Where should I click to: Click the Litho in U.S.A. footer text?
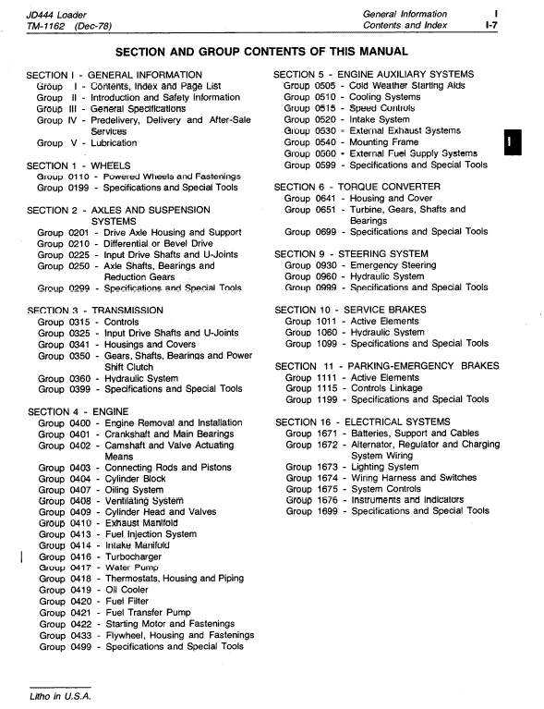(58, 695)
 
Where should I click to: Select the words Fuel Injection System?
(151, 534)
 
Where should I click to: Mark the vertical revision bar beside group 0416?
(20, 556)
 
